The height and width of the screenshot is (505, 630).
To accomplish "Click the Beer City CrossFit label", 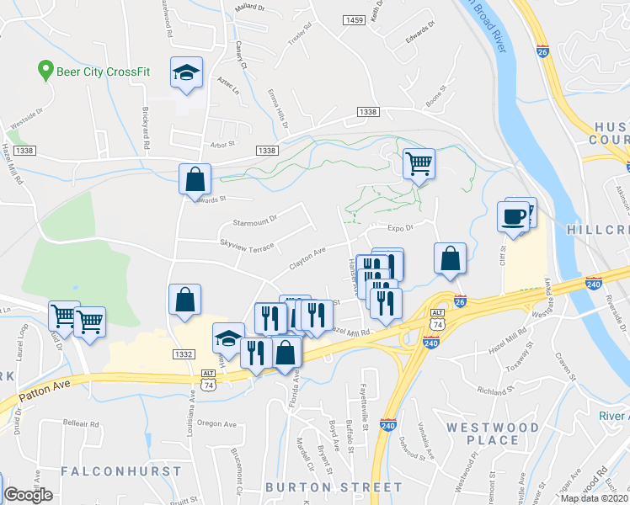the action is (x=103, y=72).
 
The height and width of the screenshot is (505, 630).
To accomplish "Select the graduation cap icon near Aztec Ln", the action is (x=186, y=72).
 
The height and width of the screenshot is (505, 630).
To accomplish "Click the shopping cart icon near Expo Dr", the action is (x=419, y=163).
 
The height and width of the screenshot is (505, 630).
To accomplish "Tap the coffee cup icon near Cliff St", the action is (x=513, y=217).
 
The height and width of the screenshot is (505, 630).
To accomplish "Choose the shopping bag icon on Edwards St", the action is (x=195, y=179).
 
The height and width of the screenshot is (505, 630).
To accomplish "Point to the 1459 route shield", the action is (x=355, y=19).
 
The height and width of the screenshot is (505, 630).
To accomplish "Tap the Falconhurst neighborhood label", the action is (x=120, y=470).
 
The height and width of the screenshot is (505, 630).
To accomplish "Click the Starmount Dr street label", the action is (x=254, y=221).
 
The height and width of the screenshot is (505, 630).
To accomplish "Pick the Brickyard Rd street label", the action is (x=146, y=133).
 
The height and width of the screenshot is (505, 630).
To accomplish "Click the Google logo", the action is (x=29, y=495).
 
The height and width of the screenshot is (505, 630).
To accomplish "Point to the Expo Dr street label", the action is (x=401, y=228).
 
